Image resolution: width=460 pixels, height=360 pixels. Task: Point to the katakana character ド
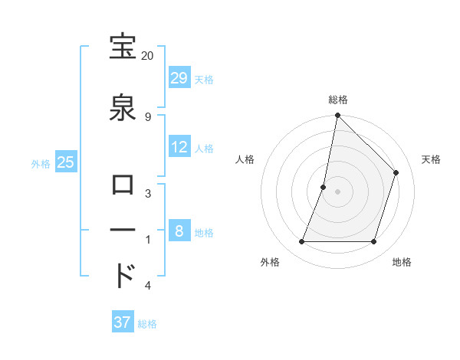[124, 273]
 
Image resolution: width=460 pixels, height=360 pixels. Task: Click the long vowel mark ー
[124, 231]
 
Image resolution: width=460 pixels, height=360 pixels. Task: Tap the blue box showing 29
[179, 77]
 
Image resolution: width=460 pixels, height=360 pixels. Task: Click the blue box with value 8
[179, 231]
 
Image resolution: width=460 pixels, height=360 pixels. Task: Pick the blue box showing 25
[66, 162]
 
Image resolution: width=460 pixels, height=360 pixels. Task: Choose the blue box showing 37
[123, 322]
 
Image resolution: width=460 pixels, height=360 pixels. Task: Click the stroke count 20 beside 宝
[148, 56]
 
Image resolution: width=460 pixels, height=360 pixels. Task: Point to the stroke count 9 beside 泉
[148, 116]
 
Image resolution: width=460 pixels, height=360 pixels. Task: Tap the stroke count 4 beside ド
[148, 286]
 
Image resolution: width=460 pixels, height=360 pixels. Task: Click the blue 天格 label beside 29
[204, 79]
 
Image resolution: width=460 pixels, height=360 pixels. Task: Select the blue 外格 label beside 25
[41, 163]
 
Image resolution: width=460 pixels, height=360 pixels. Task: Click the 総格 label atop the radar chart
[338, 100]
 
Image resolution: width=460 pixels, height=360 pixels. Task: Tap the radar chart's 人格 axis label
[245, 159]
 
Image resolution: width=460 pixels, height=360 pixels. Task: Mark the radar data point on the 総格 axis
[338, 116]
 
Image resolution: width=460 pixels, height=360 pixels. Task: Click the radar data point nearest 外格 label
[302, 242]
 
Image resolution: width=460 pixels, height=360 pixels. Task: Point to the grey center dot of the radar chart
[338, 191]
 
